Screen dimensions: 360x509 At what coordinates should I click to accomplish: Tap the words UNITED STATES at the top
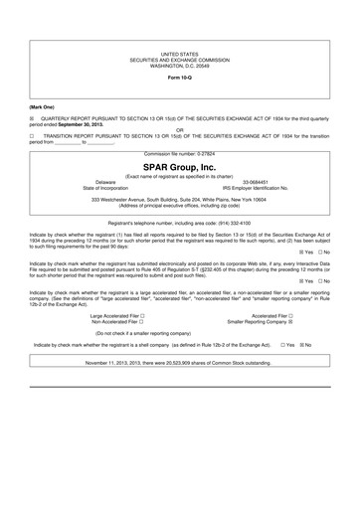point(180,59)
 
